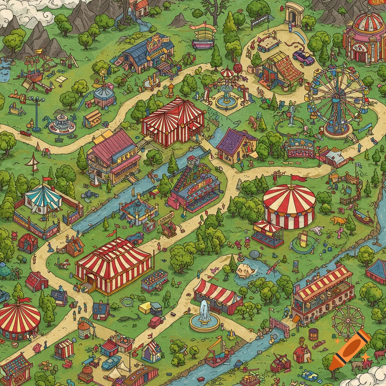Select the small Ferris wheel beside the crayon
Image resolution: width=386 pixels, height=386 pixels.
(x=348, y=321)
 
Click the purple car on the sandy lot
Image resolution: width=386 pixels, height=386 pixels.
(x=303, y=57)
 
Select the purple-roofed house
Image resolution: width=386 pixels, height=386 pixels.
(x=236, y=145)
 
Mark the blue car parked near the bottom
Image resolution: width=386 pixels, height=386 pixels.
(x=111, y=363)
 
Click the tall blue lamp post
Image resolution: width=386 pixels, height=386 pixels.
(x=36, y=113)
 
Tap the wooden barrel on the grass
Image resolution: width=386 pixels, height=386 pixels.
(x=313, y=334)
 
